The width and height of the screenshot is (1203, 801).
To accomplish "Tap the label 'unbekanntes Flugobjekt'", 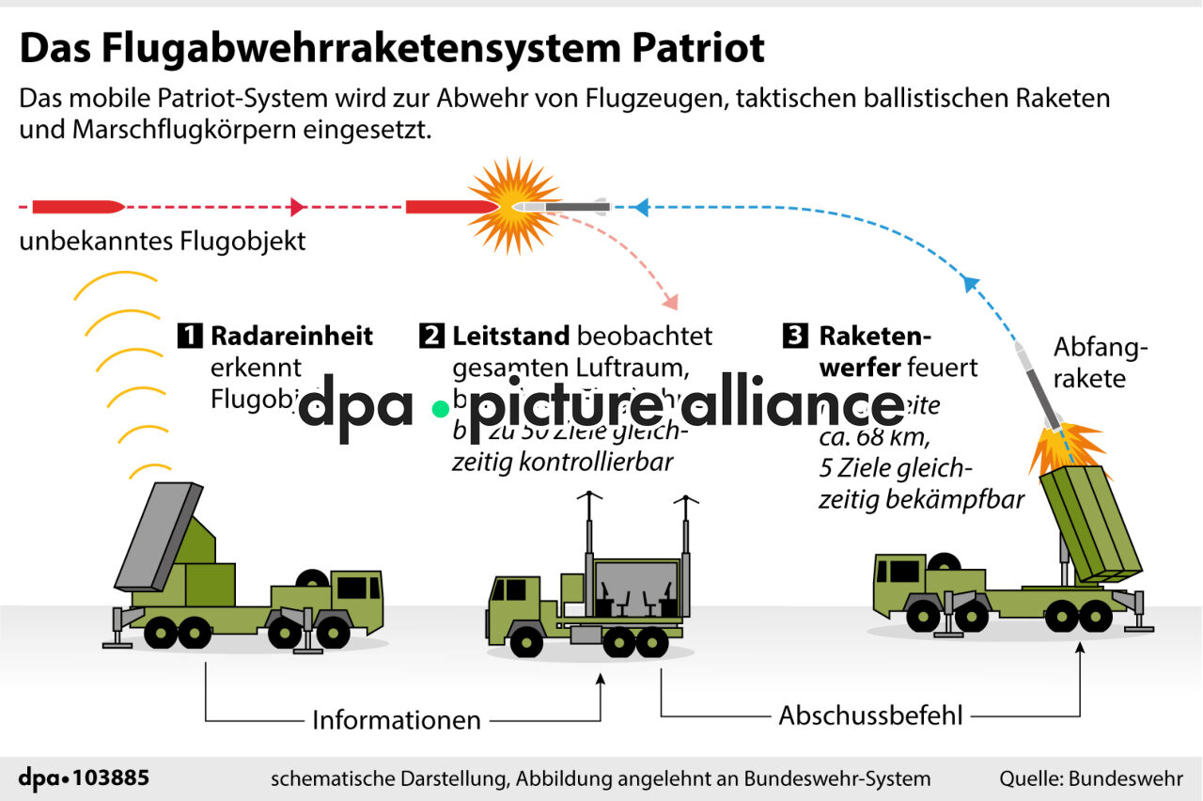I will (x=163, y=241).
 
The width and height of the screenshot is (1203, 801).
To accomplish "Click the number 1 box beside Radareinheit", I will (x=190, y=336).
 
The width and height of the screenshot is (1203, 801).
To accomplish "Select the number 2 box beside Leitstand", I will (x=432, y=336).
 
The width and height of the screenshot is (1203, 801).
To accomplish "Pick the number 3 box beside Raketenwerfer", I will (x=795, y=336).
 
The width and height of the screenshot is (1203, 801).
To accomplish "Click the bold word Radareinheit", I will (x=292, y=336).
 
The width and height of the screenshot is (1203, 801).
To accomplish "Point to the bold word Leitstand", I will (x=511, y=336).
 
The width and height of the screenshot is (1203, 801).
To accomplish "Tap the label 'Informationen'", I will (x=397, y=720).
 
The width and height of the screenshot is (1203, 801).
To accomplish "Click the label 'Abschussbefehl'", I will (x=871, y=715).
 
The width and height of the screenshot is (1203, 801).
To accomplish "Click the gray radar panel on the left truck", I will (x=158, y=535).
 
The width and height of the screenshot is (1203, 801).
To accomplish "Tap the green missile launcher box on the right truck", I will (x=1090, y=522).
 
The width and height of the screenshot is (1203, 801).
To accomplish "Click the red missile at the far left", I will (x=77, y=206).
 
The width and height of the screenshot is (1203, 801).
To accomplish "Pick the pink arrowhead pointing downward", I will (x=669, y=302).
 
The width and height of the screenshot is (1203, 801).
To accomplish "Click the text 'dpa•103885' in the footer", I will (x=84, y=778).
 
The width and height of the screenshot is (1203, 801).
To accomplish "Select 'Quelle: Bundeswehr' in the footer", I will (x=1090, y=778).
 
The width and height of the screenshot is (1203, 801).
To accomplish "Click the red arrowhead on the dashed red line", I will (x=298, y=207).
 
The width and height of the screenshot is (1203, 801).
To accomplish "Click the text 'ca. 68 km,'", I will (x=874, y=438).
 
